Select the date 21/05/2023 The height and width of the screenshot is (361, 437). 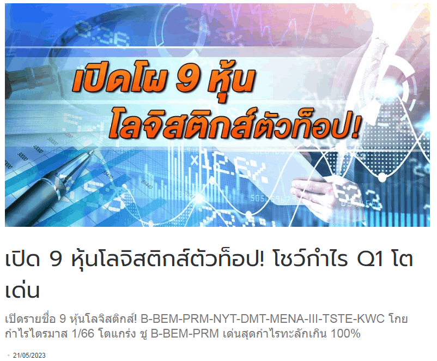(x=29, y=356)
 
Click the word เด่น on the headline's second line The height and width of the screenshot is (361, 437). (x=22, y=290)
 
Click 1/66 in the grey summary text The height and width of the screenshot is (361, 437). (x=83, y=333)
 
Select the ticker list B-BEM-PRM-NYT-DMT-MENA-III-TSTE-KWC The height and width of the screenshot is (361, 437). (x=262, y=318)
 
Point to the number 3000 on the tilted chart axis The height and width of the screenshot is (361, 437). (x=22, y=156)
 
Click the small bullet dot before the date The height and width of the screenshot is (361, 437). (x=9, y=355)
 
